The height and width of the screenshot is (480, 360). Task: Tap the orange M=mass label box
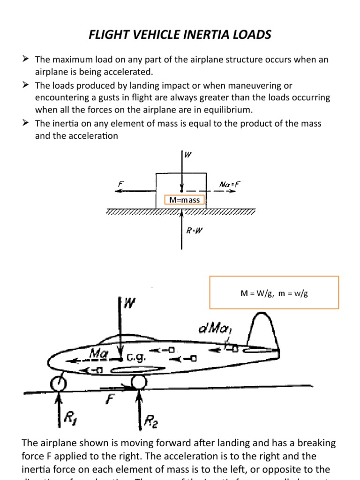pyautogui.click(x=184, y=200)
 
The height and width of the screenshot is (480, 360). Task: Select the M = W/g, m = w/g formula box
pyautogui.click(x=274, y=293)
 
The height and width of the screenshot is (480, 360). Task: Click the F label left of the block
pyautogui.click(x=120, y=185)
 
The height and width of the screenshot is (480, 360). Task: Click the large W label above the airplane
pyautogui.click(x=130, y=303)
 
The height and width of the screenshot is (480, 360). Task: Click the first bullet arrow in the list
pyautogui.click(x=26, y=59)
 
